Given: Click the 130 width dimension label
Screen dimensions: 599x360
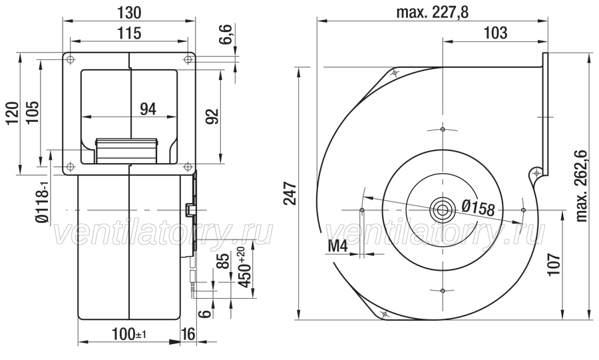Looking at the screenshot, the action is click(x=129, y=13).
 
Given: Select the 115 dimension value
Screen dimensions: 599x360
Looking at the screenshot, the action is click(x=129, y=33).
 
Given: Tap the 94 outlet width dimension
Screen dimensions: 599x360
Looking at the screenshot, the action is click(x=148, y=109).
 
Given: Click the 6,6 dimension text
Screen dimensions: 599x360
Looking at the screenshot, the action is click(x=226, y=35).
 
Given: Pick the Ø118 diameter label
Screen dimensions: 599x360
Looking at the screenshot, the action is click(x=43, y=200).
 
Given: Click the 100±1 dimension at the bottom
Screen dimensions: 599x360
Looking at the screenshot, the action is click(x=128, y=334).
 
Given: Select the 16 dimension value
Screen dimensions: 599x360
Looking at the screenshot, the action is click(x=187, y=334).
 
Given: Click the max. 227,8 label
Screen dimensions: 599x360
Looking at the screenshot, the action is click(x=433, y=13).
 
